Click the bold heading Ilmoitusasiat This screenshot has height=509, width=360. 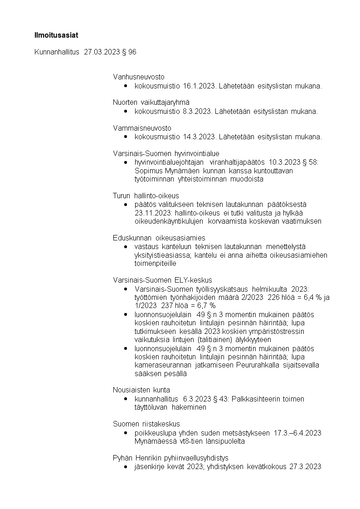53,34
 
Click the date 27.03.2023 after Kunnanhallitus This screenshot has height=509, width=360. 102,52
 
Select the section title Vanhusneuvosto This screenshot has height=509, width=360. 139,77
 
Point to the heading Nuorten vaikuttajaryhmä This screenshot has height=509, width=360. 151,103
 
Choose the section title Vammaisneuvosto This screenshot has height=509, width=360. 142,128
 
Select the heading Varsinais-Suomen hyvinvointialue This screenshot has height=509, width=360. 166,153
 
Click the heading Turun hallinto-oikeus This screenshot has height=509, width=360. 146,196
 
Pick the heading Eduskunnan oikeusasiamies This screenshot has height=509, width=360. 159,238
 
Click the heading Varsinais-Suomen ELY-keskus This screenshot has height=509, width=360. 162,280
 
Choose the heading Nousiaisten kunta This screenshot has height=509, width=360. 141,390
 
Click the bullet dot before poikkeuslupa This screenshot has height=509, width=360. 125,433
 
